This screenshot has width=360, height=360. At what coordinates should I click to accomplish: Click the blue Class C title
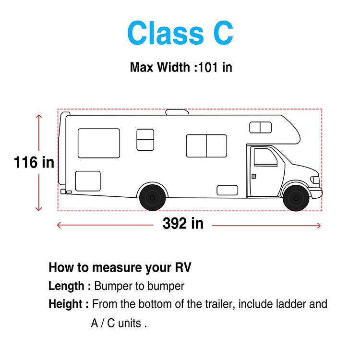[x=180, y=33]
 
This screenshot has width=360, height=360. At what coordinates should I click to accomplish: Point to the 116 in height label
[x=34, y=163]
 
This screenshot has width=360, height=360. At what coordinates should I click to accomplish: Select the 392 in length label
[x=182, y=223]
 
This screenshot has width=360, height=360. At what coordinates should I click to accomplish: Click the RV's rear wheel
[x=153, y=197]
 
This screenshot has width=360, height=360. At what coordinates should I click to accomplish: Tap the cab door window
[x=265, y=157]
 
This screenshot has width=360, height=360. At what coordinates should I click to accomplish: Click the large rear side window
[x=99, y=143]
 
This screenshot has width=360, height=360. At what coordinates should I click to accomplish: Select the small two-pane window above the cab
[x=260, y=127]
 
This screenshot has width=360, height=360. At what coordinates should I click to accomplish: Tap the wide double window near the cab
[x=206, y=145]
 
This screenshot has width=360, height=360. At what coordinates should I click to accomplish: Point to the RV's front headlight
[x=315, y=180]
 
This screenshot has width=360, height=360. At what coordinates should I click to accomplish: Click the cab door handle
[x=254, y=176]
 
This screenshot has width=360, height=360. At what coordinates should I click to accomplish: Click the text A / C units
[x=119, y=323]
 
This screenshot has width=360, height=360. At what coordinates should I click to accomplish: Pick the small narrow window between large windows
[x=145, y=139]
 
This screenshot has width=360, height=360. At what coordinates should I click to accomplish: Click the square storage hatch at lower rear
[x=88, y=181]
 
